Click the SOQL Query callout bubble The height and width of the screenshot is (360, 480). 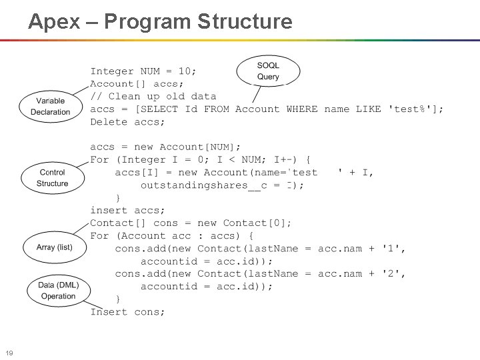(268, 71)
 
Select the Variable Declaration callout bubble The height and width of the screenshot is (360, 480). (50, 107)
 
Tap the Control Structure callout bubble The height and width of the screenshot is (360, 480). (52, 177)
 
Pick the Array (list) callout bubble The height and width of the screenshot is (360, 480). (55, 247)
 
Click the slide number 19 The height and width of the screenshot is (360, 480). (9, 353)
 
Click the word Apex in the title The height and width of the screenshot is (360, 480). (54, 21)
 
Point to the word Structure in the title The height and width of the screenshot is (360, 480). (245, 21)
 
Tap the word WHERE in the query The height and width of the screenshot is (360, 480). (302, 109)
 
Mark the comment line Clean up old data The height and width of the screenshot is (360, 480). (153, 97)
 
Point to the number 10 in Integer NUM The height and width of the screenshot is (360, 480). (187, 71)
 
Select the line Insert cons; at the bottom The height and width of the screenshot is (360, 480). (127, 312)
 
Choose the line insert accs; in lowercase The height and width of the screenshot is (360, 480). (127, 211)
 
